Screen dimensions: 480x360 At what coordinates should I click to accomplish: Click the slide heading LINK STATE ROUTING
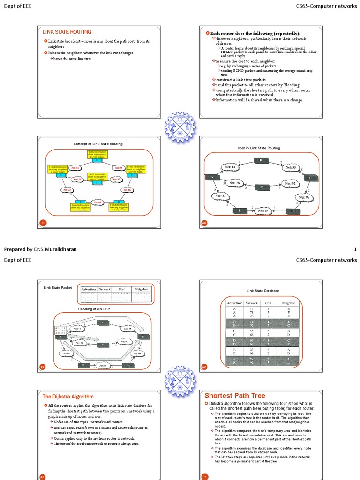67,32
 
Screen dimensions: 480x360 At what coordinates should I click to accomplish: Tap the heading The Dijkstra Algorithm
68,397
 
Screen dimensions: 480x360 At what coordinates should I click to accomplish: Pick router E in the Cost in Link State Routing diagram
240,211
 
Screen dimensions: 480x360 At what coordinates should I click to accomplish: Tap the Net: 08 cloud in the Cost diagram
262,211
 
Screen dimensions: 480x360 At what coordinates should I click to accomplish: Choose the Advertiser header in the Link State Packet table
89,289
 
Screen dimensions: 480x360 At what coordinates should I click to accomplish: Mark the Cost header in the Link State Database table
269,303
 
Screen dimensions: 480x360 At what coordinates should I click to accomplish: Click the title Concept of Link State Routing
98,144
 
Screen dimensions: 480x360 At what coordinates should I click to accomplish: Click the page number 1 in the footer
355,249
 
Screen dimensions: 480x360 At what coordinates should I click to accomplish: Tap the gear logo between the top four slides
180,127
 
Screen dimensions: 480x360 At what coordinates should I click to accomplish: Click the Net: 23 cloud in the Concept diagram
66,190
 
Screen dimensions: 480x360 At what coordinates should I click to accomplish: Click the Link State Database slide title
262,291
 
